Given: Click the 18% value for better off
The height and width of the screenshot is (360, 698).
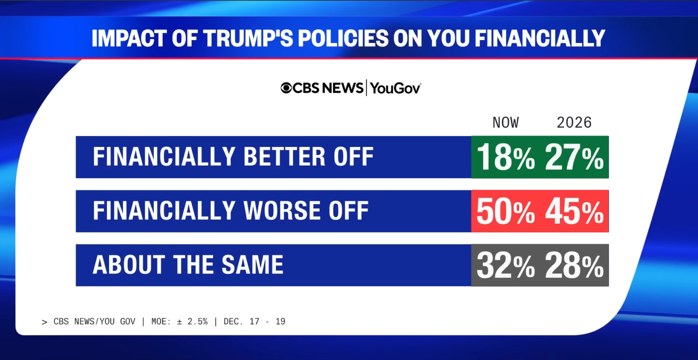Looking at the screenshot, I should coord(505,157).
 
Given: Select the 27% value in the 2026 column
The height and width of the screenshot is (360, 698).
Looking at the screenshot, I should coord(574,157).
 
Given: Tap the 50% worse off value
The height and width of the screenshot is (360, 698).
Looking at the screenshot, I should coord(505,212).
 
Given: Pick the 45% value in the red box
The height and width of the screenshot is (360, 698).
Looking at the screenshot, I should coord(574,212).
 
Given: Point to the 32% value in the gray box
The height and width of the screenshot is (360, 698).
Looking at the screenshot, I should coord(505,266).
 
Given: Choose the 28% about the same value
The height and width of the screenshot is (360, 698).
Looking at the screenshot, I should coord(574,266).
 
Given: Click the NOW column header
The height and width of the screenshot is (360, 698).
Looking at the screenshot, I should coord(505,123).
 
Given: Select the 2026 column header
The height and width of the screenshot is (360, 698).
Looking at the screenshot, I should coord(574,123).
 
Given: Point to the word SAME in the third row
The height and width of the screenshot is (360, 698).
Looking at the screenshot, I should coord(252,265).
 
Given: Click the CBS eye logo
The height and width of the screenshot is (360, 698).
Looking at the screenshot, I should coord(286,88).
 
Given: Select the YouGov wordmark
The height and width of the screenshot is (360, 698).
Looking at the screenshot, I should coord(395,88).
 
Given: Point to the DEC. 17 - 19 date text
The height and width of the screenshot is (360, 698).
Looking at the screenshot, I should coord(254,322).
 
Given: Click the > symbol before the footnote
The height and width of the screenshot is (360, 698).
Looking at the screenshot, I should coord(44,322).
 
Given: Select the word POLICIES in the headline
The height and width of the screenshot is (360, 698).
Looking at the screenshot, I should coord(343,38).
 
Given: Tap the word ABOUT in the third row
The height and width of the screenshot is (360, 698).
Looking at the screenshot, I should coord(129,265).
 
